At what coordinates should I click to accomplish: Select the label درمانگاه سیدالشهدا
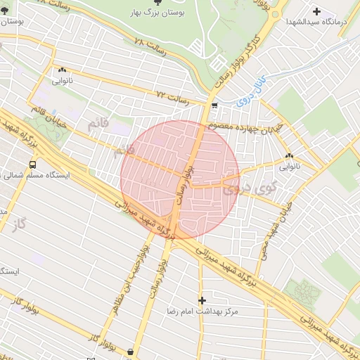[317, 22]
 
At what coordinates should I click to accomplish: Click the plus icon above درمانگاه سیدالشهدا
[317, 11]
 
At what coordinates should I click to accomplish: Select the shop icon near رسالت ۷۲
[214, 106]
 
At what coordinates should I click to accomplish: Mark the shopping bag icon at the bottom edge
[131, 351]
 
